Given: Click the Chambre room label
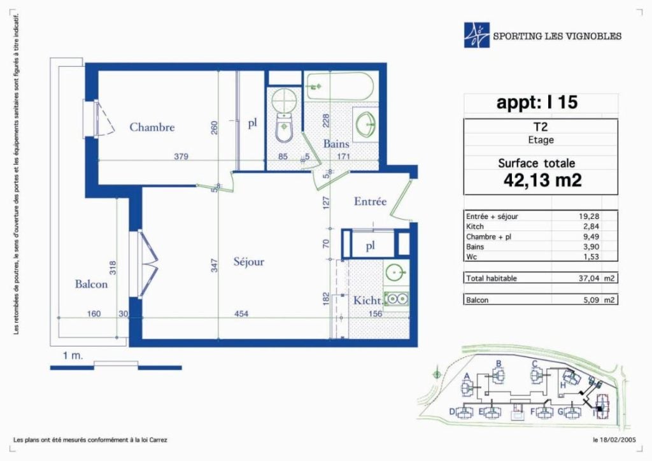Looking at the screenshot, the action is (152, 127).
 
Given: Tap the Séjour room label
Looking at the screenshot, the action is (249, 262).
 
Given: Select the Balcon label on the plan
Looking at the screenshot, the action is (91, 285).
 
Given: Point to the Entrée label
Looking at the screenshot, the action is (370, 202).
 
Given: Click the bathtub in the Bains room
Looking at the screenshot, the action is (339, 87).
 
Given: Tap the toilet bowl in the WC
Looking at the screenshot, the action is (285, 129).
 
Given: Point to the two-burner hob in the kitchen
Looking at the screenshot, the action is (397, 299).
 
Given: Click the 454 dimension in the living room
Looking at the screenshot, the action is (241, 314).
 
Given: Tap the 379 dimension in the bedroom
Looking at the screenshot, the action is (181, 157).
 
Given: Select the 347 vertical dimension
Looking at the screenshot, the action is (214, 266).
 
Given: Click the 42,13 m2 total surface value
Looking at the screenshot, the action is (542, 180).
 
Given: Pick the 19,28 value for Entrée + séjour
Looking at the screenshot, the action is (589, 216).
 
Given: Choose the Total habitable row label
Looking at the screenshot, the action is (491, 278).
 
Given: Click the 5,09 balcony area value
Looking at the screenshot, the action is (590, 300).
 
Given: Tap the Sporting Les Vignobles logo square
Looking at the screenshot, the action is (476, 35).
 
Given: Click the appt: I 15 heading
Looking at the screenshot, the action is (537, 103).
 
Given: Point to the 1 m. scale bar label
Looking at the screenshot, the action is (73, 356).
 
